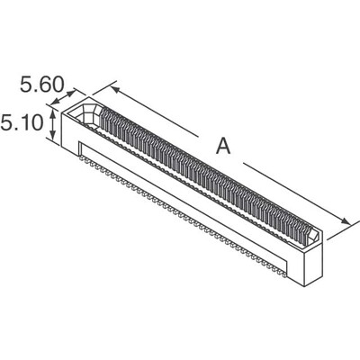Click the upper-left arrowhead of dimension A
click(x=115, y=86)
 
